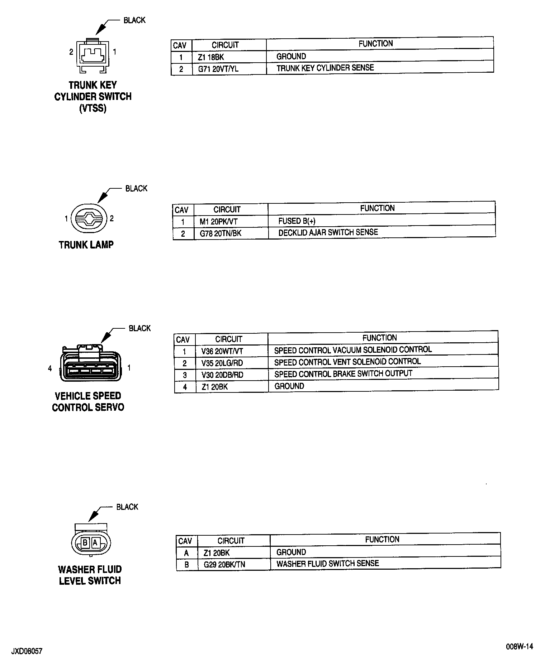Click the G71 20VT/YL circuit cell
click(x=218, y=69)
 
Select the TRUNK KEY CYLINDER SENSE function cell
click(x=325, y=68)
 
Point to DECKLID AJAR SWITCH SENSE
click(x=328, y=233)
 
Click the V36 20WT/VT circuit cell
click(x=222, y=351)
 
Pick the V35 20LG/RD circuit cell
click(x=222, y=363)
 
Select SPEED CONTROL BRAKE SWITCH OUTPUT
click(x=343, y=374)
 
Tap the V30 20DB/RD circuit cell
click(x=222, y=375)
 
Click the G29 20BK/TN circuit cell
click(x=224, y=565)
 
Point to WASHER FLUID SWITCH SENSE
click(x=327, y=564)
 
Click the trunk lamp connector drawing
click(x=89, y=218)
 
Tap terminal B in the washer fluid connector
click(x=85, y=543)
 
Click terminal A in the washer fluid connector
click(x=95, y=543)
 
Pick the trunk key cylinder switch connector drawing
click(x=93, y=55)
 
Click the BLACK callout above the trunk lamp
click(x=136, y=188)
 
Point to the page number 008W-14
click(x=520, y=646)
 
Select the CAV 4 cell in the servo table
click(x=185, y=387)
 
